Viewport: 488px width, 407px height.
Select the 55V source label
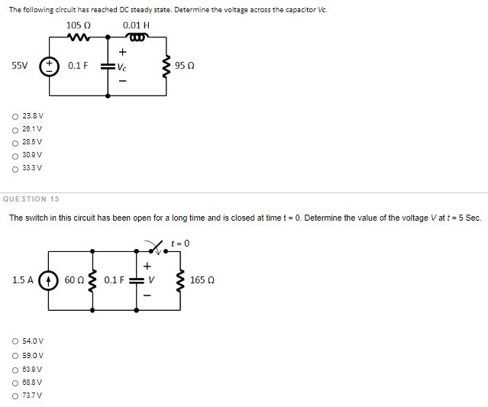pyautogui.click(x=20, y=66)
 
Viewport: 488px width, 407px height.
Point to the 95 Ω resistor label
pyautogui.click(x=185, y=66)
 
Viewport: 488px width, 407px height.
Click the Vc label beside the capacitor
pyautogui.click(x=122, y=66)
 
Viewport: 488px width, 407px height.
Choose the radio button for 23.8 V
pyautogui.click(x=15, y=116)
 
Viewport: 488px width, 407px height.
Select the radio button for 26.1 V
pyautogui.click(x=15, y=129)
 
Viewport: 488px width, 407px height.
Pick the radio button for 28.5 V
pyautogui.click(x=15, y=142)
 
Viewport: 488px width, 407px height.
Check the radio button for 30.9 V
pyautogui.click(x=15, y=154)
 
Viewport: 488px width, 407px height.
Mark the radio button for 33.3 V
pyautogui.click(x=15, y=167)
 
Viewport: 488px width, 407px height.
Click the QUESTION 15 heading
pyautogui.click(x=31, y=199)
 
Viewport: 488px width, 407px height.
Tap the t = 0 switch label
pyautogui.click(x=180, y=244)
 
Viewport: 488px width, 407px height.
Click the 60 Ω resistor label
pyautogui.click(x=75, y=280)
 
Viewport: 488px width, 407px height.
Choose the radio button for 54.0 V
pyautogui.click(x=15, y=341)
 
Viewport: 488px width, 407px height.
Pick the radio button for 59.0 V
pyautogui.click(x=15, y=355)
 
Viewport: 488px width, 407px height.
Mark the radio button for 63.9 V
pyautogui.click(x=15, y=368)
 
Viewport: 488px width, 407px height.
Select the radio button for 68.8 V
pyautogui.click(x=15, y=382)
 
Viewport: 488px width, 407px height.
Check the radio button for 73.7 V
pyautogui.click(x=15, y=395)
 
